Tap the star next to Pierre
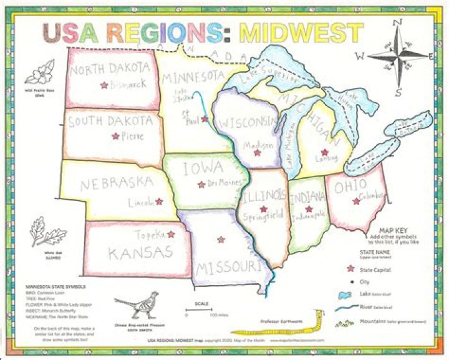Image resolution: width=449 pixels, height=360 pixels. pos(115,136)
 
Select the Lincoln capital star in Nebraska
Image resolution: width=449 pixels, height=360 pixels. pos(159,202)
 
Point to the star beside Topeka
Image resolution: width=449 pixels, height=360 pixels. pos(171,234)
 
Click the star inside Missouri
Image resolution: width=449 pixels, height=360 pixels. pos(220,239)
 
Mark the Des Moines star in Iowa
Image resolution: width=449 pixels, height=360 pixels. pos(201,184)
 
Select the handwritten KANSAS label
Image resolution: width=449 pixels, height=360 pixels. pos(140,253)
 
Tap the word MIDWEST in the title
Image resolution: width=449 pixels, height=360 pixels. pos(301,33)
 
